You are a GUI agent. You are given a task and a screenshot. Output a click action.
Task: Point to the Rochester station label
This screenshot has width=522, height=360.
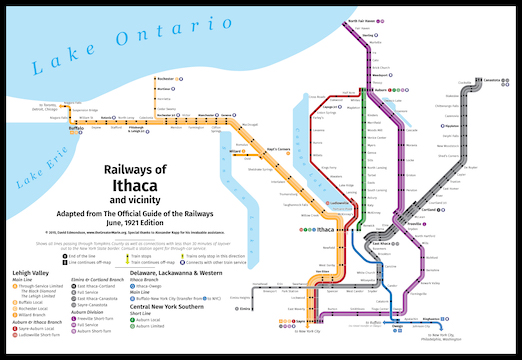click(166, 77)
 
